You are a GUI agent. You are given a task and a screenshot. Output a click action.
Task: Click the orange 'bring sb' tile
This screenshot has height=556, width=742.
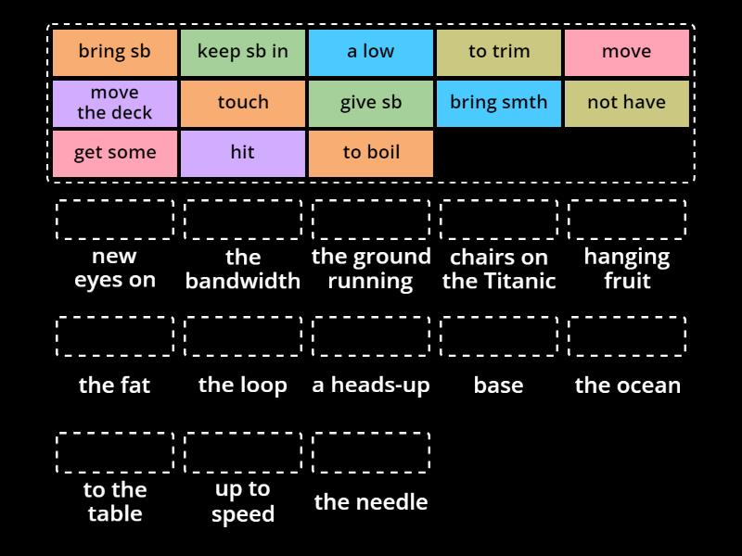(x=114, y=53)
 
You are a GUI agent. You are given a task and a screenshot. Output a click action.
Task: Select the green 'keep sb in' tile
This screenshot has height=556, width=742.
(x=243, y=53)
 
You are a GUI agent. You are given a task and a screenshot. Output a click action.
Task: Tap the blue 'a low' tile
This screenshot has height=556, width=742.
(x=370, y=53)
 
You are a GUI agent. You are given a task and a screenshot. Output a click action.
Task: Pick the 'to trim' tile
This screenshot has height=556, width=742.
(x=499, y=53)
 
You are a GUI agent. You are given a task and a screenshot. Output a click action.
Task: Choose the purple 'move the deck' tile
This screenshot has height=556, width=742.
(x=114, y=104)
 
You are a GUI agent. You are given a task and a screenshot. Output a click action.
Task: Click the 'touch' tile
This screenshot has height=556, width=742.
(x=243, y=104)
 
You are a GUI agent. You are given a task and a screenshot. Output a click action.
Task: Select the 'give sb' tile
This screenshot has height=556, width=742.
(x=370, y=104)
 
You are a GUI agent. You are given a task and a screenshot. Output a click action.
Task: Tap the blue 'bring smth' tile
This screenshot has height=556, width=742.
(x=499, y=104)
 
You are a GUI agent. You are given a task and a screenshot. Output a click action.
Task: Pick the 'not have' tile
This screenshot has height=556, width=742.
(x=627, y=104)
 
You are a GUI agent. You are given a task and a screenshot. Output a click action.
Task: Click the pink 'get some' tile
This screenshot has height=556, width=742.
(x=114, y=154)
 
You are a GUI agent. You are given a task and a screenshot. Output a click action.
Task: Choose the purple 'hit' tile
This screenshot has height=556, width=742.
(x=243, y=154)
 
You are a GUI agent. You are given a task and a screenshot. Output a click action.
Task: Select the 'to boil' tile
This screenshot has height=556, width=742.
(x=370, y=154)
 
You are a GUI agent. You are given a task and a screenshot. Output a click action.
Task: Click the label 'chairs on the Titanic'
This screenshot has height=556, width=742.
(x=499, y=269)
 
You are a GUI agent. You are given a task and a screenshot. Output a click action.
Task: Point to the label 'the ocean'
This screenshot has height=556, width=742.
(x=628, y=385)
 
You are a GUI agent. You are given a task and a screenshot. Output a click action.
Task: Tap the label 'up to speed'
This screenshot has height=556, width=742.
(x=243, y=501)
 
